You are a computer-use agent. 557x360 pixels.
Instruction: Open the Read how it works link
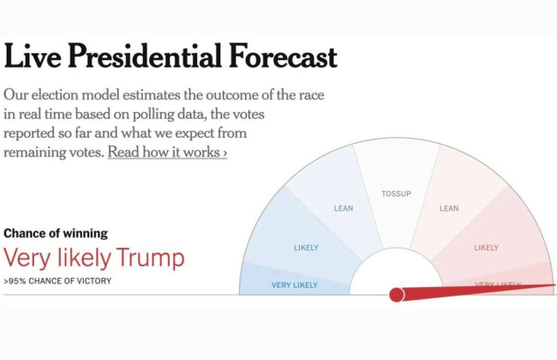[x=167, y=153]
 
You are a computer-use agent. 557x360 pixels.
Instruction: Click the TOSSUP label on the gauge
[x=396, y=194]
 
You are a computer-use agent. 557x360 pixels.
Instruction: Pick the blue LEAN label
[x=343, y=208]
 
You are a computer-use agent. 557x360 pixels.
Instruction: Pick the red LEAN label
[x=449, y=208]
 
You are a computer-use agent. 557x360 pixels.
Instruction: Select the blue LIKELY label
[x=306, y=248]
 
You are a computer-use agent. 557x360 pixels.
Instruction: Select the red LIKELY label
[x=486, y=248]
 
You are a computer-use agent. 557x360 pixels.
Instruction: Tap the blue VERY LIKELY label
[x=294, y=285]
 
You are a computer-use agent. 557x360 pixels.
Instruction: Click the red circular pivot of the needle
[x=397, y=295]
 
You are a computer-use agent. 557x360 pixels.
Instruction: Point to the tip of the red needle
[x=554, y=286]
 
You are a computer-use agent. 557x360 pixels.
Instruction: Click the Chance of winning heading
[x=56, y=233]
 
